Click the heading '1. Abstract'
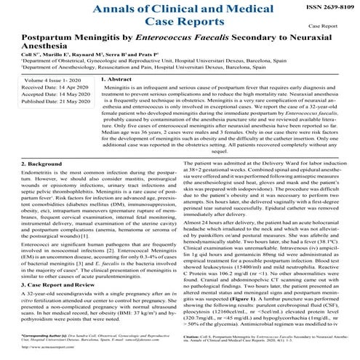(x=117, y=98)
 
